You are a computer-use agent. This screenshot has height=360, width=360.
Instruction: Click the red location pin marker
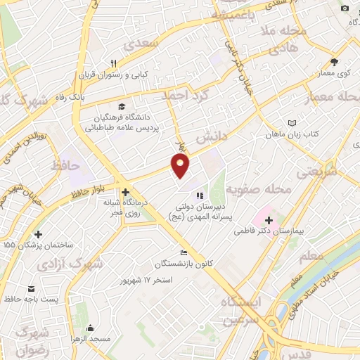[x=181, y=166]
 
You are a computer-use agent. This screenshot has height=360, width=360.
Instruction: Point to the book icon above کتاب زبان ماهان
[x=292, y=122]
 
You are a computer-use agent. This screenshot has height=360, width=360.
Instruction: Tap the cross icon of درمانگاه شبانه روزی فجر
[x=125, y=192]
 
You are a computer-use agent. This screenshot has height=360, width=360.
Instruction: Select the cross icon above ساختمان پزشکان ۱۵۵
[x=37, y=234]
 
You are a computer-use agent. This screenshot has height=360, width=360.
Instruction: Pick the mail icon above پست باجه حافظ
[x=31, y=289]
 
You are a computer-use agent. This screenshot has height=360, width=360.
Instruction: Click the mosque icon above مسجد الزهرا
[x=90, y=328]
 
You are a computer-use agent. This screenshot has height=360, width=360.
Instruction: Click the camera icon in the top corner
[x=345, y=8]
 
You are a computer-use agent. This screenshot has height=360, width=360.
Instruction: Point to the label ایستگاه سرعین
[x=243, y=310]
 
